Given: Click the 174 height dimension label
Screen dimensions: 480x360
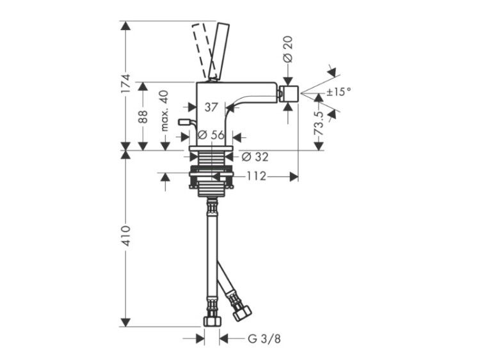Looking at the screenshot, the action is (x=125, y=84).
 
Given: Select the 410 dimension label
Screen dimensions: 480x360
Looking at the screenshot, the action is (x=125, y=236).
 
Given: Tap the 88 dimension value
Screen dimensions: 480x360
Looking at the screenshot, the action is (x=143, y=116).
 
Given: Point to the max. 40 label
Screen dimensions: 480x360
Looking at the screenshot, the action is (x=164, y=111).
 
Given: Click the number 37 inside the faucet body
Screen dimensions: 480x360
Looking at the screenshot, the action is (x=211, y=107).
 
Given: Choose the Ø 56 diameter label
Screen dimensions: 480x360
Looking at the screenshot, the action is (x=211, y=134).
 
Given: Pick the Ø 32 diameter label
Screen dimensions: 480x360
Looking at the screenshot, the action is (x=255, y=157).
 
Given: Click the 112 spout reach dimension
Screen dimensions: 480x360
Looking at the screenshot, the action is (x=257, y=176).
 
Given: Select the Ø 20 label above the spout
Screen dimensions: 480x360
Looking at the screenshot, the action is (x=288, y=49).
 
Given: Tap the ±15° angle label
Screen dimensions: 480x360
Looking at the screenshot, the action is (x=339, y=91).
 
